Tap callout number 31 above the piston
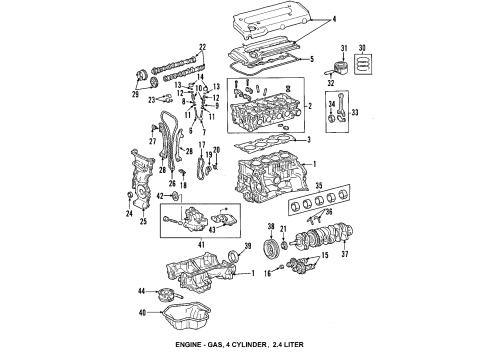[343, 48]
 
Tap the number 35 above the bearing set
[318, 185]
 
